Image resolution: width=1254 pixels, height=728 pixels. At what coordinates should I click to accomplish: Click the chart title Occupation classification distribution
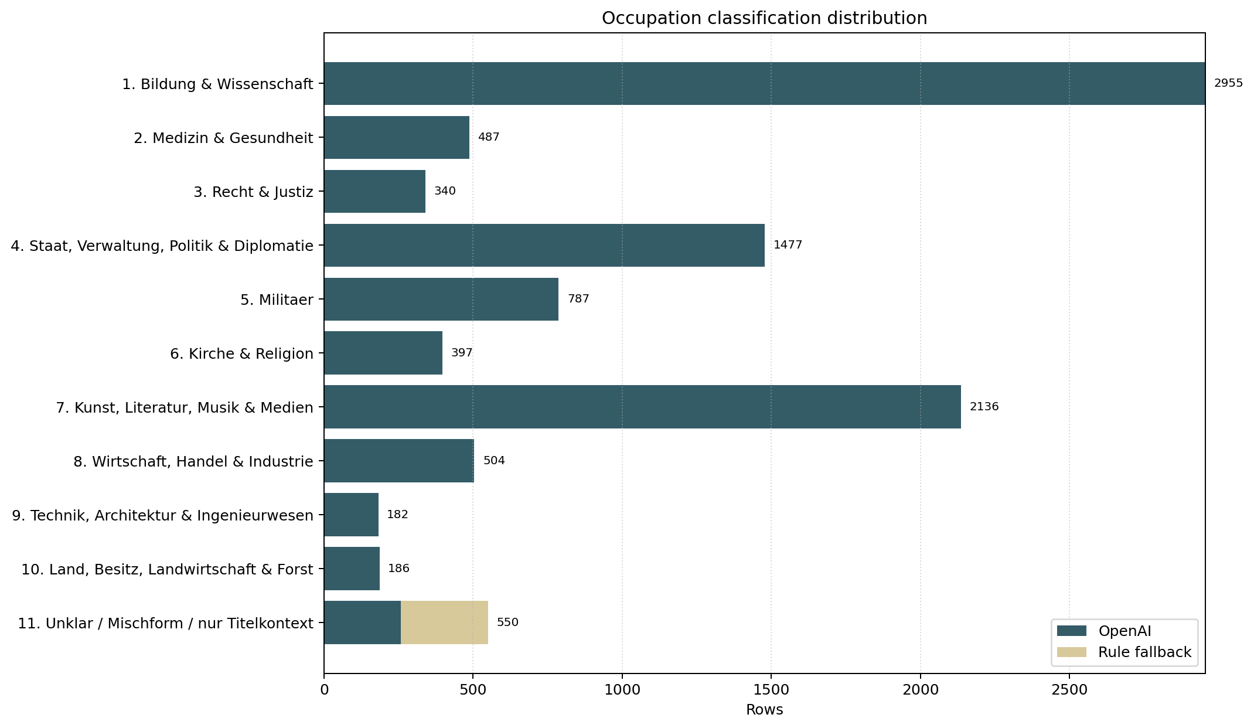click(x=764, y=19)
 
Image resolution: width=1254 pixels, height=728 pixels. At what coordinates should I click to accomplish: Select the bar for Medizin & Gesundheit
click(x=397, y=137)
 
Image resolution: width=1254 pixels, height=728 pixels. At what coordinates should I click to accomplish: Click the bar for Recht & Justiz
click(x=374, y=191)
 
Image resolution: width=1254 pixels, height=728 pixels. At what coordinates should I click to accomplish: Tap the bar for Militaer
click(x=441, y=299)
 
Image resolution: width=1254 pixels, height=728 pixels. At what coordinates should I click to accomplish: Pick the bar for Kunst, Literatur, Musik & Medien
click(x=642, y=407)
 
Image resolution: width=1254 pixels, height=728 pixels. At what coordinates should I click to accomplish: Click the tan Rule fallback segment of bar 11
click(x=444, y=622)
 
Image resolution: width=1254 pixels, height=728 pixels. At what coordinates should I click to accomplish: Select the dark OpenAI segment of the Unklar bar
click(x=362, y=622)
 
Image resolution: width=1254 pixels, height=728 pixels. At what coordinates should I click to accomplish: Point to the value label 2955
click(x=1228, y=83)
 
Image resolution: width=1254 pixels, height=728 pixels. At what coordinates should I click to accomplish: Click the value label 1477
click(x=788, y=245)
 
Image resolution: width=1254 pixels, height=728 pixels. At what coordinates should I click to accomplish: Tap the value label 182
click(x=397, y=515)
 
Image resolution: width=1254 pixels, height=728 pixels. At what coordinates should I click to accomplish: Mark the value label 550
click(x=507, y=622)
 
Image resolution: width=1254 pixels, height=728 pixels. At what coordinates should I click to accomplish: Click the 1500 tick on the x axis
click(x=771, y=690)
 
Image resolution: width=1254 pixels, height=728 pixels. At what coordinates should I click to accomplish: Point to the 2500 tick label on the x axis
click(x=1069, y=690)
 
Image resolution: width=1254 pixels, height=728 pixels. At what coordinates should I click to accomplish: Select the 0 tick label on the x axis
click(x=324, y=690)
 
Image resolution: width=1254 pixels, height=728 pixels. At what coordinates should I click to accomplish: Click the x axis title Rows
click(x=764, y=710)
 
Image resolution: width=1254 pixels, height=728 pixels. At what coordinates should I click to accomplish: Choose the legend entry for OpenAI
click(x=1124, y=631)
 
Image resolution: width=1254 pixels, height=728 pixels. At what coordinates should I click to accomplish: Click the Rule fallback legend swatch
click(x=1071, y=652)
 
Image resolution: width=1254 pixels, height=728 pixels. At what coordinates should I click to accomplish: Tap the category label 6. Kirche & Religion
click(x=241, y=353)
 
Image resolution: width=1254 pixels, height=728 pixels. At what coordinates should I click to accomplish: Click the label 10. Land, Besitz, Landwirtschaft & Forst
click(x=167, y=569)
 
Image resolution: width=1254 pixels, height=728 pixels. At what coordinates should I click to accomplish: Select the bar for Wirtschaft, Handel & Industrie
click(x=398, y=461)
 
